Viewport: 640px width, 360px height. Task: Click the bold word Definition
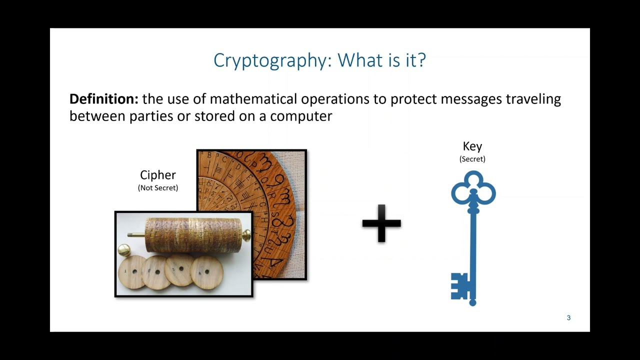click(103, 99)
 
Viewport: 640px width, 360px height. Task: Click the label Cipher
click(158, 175)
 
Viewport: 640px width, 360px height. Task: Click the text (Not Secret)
click(158, 188)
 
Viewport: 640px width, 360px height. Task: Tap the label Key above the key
click(472, 146)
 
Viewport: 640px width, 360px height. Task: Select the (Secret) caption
click(472, 159)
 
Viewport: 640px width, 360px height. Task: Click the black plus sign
click(381, 223)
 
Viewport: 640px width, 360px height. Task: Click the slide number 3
click(568, 318)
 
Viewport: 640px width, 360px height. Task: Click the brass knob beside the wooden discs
click(123, 249)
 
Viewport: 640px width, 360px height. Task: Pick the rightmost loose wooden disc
click(207, 273)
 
